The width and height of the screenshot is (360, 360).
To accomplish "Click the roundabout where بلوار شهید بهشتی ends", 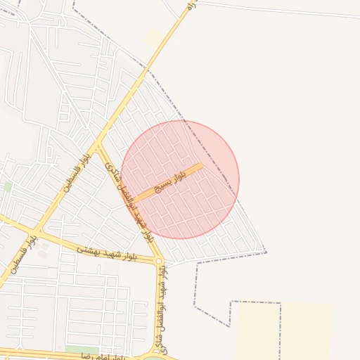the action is tap(160, 262).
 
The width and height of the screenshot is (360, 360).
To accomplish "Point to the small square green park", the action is tap(8, 186).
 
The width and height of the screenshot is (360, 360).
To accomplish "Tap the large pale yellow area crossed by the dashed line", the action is tap(285, 330).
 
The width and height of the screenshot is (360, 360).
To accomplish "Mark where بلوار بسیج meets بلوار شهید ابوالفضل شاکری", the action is tap(135, 200).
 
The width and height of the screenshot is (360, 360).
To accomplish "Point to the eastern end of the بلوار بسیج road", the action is tap(202, 166).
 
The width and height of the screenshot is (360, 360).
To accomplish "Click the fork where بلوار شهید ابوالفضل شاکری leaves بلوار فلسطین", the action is tap(97, 144).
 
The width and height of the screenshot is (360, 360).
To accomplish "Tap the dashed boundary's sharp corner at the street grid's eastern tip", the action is tap(266, 251).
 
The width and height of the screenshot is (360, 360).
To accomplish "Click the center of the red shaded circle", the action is tap(180, 179).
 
